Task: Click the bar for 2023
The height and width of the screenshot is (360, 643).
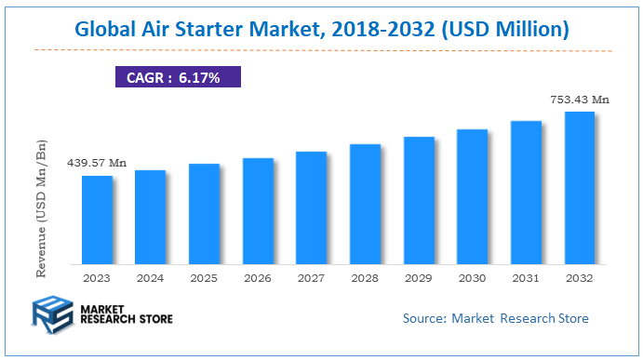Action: coord(97,219)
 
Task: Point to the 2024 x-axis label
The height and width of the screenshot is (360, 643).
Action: coord(151,277)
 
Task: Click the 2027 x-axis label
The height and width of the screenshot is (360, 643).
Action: coord(312,277)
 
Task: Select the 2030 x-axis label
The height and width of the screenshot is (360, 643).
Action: coord(473,277)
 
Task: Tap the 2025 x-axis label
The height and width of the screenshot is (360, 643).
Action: coord(204,277)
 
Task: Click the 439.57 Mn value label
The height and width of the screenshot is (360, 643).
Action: coord(96,163)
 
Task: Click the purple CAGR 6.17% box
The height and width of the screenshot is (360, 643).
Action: coord(177,77)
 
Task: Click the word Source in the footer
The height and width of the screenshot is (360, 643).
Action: coord(423,318)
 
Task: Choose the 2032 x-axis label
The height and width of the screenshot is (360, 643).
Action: coord(580,277)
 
